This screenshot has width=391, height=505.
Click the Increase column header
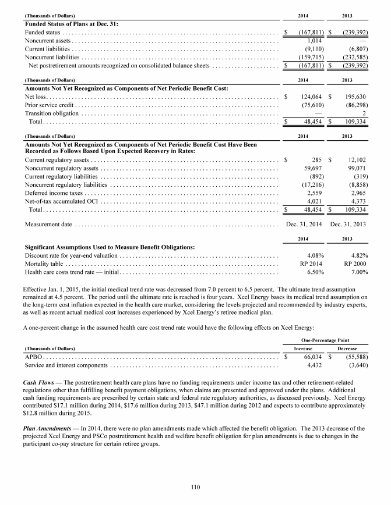pyautogui.click(x=303, y=347)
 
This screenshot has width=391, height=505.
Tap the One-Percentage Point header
pyautogui.click(x=325, y=338)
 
